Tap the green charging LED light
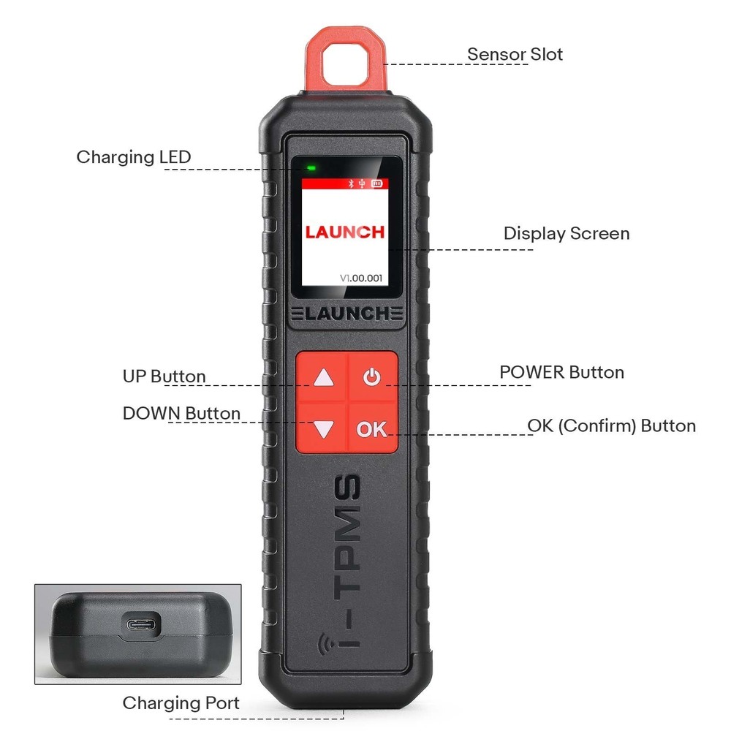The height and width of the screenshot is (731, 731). (x=311, y=168)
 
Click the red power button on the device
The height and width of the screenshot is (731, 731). (x=372, y=378)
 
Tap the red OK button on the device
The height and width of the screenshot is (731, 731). (x=372, y=429)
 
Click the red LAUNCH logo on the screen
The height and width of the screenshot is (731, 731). (x=344, y=232)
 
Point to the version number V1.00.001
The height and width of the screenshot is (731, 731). (x=361, y=278)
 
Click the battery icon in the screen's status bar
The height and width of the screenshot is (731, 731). (x=376, y=184)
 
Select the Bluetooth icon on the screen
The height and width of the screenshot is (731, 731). (x=351, y=184)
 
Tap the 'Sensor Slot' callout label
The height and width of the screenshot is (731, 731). (x=515, y=54)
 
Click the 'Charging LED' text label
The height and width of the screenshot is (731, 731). (x=133, y=157)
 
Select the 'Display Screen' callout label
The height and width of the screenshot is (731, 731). (x=566, y=234)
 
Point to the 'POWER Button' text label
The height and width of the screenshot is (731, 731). (x=561, y=372)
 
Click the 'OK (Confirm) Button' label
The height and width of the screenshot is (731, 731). (x=611, y=425)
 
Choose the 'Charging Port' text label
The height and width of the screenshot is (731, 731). (x=181, y=703)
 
